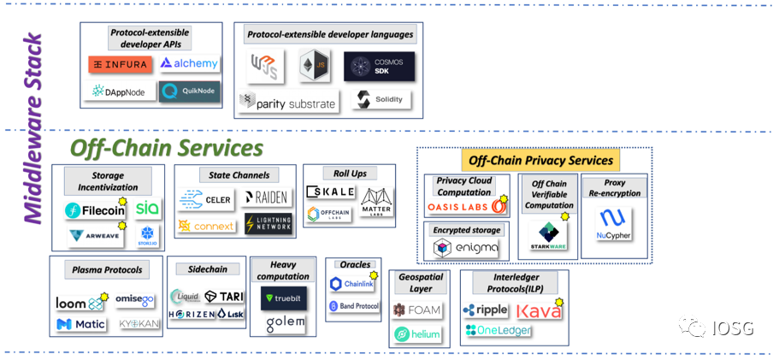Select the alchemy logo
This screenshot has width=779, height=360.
tap(189, 63)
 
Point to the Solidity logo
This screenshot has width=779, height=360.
tap(380, 100)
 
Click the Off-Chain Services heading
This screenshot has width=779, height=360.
tap(166, 148)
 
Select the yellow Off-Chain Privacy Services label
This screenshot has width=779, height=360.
tap(540, 160)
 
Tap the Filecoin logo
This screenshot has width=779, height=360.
tap(96, 210)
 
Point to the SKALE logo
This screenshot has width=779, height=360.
tap(329, 191)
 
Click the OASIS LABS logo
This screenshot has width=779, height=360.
tap(467, 207)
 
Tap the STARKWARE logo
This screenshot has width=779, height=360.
tap(547, 236)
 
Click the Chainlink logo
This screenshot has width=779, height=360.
tap(352, 283)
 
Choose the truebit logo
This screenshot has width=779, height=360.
tap(284, 298)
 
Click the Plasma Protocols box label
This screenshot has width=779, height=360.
tap(107, 270)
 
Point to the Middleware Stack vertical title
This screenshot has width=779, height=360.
tap(32, 128)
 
